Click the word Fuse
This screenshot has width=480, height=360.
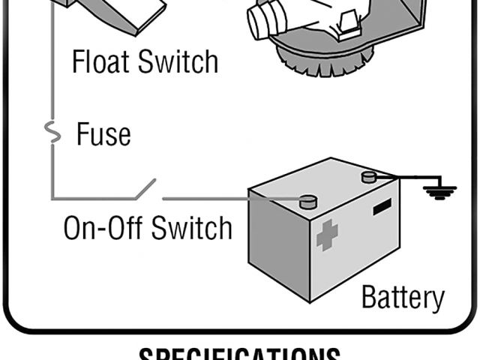coord(103,134)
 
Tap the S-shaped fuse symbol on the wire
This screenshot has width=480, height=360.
coord(52,133)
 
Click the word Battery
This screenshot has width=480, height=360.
coord(402,297)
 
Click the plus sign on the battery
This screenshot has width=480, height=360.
coord(327,235)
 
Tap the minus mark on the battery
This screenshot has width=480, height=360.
coord(382,205)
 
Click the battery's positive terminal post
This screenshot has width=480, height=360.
coord(307,201)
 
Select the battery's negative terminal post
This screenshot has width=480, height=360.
coord(368,177)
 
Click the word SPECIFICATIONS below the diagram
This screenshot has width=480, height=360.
coord(239,353)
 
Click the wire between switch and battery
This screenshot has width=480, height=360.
coord(225,199)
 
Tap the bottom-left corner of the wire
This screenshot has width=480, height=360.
coord(52,199)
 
